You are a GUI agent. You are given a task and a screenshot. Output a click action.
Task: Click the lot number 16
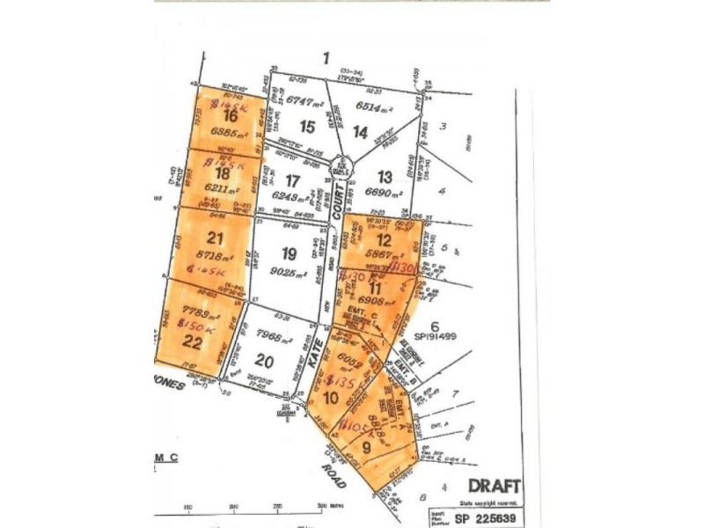click(x=231, y=115)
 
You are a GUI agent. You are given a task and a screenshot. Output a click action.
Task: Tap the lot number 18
click(x=223, y=174)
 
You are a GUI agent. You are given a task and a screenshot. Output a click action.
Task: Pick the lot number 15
click(x=306, y=127)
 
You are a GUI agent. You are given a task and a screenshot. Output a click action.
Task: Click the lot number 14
click(x=360, y=132)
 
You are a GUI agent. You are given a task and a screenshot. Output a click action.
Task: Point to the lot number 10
click(x=332, y=397)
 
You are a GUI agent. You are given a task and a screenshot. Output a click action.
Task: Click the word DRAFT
click(x=493, y=486)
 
